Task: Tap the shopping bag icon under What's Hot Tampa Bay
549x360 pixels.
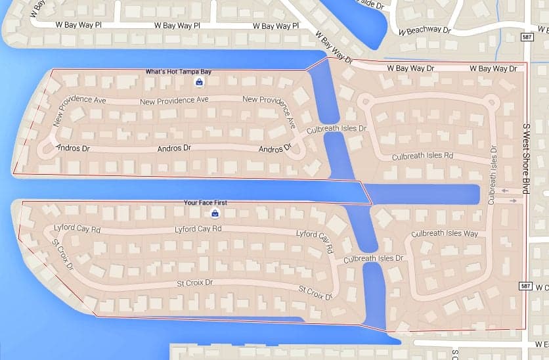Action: tap(199, 82)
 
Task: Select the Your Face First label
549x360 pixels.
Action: tap(206, 203)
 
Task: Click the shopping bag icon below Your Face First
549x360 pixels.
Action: tap(215, 214)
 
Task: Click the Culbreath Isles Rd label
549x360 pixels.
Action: tap(422, 156)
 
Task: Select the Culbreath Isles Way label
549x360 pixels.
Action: tap(445, 234)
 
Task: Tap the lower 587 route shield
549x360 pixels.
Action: tap(525, 286)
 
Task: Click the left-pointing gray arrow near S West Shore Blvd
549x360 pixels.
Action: tap(504, 191)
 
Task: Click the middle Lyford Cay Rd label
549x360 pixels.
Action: tap(198, 229)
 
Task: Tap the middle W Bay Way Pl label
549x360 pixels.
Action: tap(177, 26)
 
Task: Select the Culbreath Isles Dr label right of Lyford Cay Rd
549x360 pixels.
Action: tap(373, 259)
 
